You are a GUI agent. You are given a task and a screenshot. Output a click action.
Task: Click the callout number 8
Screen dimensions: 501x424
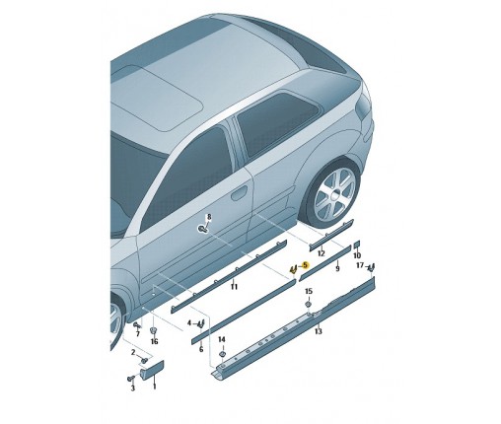(x=209, y=217)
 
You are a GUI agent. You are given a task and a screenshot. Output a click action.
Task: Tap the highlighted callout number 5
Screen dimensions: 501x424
(x=306, y=265)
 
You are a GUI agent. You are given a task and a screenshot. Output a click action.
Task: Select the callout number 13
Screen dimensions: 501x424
(x=319, y=331)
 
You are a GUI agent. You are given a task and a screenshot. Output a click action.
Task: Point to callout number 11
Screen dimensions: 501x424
(x=234, y=287)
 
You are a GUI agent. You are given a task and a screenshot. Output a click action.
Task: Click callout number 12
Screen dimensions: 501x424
(x=322, y=253)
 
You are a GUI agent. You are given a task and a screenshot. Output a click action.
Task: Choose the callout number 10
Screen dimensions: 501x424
(x=357, y=255)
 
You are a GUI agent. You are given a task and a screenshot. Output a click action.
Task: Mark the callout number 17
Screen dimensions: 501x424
(x=360, y=265)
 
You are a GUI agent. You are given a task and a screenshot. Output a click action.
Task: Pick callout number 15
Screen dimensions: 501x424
(x=309, y=291)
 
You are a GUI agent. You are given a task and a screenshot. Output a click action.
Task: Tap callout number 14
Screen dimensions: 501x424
(x=222, y=339)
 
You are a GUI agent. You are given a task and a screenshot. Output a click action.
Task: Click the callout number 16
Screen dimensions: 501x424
(x=154, y=342)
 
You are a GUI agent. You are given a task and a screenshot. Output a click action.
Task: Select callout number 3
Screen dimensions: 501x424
(x=132, y=389)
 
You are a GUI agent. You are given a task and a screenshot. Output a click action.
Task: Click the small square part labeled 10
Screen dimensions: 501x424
(x=357, y=245)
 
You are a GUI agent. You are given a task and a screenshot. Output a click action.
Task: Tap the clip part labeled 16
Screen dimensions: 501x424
(x=153, y=330)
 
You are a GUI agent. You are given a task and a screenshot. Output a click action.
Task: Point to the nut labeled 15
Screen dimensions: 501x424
(x=309, y=304)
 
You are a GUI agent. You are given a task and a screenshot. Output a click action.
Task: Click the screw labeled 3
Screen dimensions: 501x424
(x=130, y=379)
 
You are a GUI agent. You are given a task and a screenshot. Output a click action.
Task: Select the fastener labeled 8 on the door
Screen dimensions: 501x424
(x=202, y=229)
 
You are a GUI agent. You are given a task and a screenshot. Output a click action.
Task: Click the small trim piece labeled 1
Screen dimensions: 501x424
(x=152, y=370)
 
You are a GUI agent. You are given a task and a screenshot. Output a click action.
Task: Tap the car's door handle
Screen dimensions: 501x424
(x=240, y=193)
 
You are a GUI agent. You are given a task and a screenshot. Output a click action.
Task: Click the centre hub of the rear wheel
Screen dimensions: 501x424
(x=335, y=195)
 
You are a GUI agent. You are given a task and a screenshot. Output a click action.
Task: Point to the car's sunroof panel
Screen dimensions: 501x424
(x=157, y=96)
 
